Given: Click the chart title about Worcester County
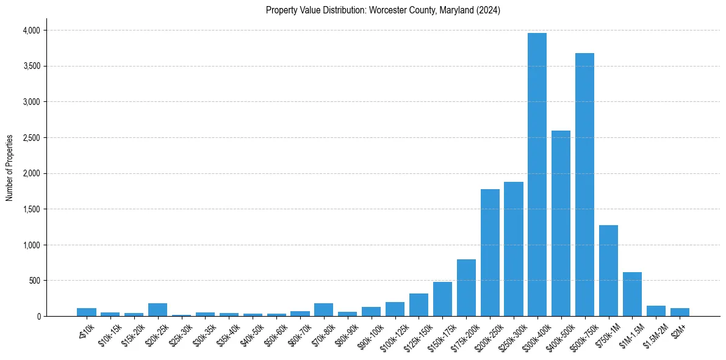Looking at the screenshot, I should click(x=383, y=10).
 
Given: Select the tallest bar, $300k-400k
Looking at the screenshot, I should click(x=537, y=175).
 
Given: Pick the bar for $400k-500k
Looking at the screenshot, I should click(x=561, y=223).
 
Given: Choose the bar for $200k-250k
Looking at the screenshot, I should click(x=490, y=253).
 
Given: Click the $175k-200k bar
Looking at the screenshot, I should click(x=466, y=287).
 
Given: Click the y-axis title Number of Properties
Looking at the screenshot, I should click(x=10, y=167).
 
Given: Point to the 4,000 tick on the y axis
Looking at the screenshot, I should click(x=31, y=31).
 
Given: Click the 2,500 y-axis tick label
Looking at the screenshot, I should click(x=31, y=138).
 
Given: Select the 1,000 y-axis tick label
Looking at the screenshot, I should click(x=31, y=245).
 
